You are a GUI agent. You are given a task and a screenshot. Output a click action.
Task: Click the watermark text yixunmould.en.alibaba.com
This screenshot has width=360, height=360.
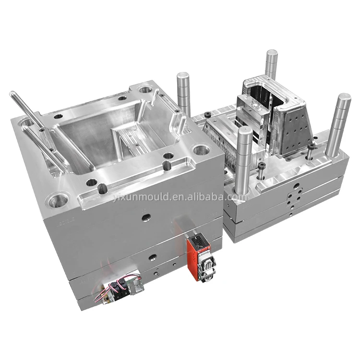pyautogui.click(x=180, y=197)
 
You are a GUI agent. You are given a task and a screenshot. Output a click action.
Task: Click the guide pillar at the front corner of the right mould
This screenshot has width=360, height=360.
pyautogui.click(x=243, y=161)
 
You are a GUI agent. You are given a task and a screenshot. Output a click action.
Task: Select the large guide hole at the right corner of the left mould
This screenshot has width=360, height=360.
pyautogui.click(x=201, y=150)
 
